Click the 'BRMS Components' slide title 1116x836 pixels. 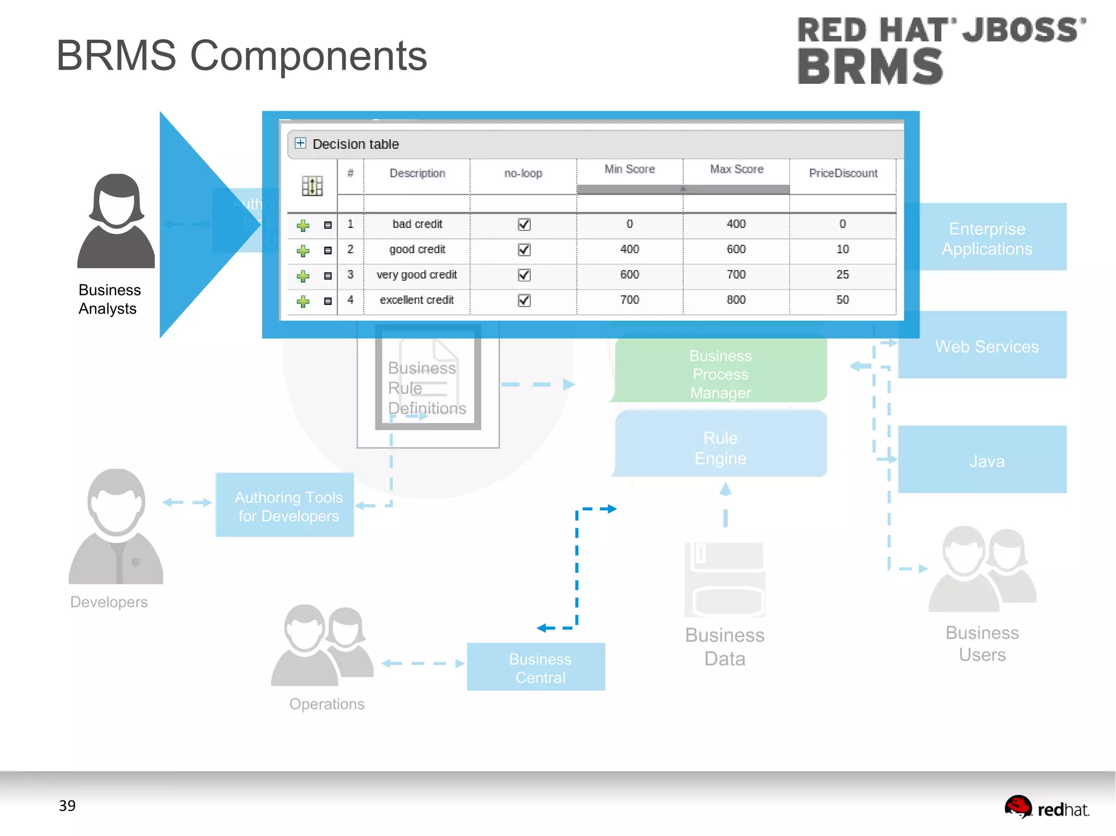tap(241, 56)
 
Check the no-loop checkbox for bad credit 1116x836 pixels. tap(524, 224)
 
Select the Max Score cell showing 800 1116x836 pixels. tap(736, 300)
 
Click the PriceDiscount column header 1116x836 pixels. tap(842, 173)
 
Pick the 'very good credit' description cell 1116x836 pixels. tap(416, 274)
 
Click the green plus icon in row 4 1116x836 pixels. tap(303, 301)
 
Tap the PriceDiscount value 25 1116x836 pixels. tap(842, 274)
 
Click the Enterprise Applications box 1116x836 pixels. tap(986, 238)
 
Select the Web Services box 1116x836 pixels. tap(986, 346)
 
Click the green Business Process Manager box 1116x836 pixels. tap(720, 373)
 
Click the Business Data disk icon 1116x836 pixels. tap(725, 579)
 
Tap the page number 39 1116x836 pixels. tap(67, 806)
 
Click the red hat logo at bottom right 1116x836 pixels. tap(1046, 808)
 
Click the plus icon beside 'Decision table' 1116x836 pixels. tap(300, 143)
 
